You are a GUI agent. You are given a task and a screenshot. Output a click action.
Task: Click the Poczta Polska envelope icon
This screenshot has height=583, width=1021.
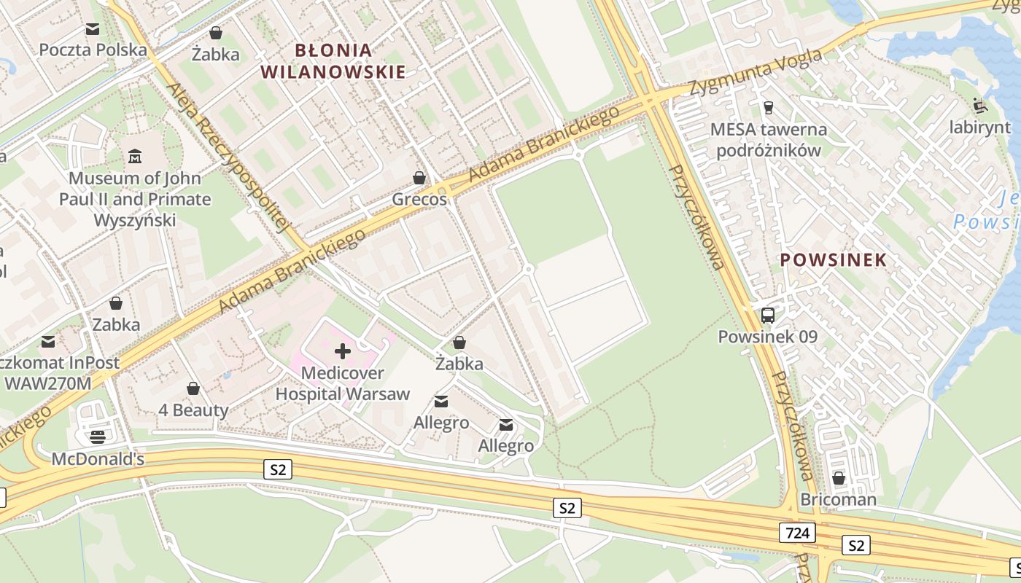(x=93, y=29)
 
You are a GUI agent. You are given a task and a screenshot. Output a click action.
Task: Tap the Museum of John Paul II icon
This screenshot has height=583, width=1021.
(x=135, y=156)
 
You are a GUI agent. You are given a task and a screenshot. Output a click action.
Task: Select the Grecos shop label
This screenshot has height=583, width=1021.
(x=419, y=199)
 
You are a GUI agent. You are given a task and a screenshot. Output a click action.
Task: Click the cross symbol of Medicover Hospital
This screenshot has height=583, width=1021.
(x=342, y=352)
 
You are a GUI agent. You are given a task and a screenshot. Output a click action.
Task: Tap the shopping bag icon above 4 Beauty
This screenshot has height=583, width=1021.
(x=193, y=389)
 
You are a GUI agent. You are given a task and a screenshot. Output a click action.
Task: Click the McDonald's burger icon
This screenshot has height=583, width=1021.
(x=98, y=437)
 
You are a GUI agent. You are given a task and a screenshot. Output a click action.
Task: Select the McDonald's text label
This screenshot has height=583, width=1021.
(x=98, y=459)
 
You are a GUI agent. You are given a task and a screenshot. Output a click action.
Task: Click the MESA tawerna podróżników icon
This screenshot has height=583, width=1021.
(x=768, y=108)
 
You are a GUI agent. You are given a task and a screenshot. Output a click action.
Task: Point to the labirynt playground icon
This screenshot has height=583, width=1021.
(x=980, y=106)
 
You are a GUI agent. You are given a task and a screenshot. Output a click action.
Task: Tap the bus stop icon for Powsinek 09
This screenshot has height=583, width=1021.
(x=768, y=316)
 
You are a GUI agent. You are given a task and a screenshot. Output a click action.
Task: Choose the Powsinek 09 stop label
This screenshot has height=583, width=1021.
(x=768, y=337)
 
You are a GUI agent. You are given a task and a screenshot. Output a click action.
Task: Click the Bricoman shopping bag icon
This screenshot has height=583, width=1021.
(x=839, y=478)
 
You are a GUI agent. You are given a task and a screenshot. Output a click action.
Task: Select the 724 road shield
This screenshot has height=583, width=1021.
(x=798, y=533)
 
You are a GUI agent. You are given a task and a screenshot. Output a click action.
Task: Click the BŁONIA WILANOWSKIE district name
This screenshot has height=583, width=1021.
(x=333, y=60)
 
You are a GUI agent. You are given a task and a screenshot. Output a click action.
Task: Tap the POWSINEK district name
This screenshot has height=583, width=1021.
(x=834, y=259)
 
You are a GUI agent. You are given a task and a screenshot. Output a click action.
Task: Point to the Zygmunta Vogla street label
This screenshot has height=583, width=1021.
(x=758, y=73)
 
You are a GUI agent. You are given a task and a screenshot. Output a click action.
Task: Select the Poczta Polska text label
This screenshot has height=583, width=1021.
(x=93, y=50)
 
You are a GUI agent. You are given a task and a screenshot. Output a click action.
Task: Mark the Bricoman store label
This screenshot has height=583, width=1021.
(x=839, y=500)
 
